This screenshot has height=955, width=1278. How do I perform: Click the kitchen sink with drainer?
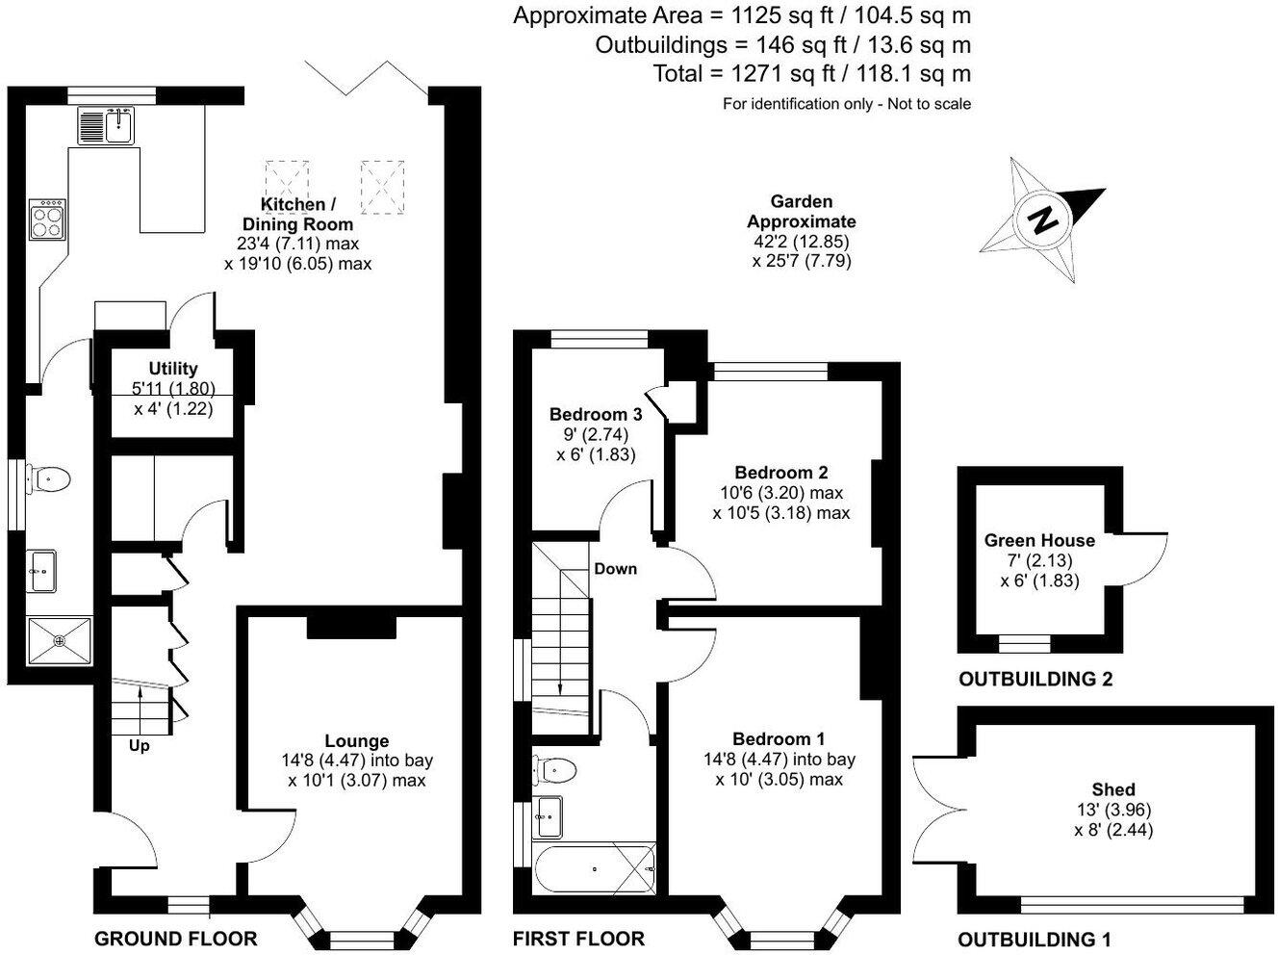[x=106, y=125]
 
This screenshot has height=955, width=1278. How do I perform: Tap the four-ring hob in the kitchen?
[x=47, y=219]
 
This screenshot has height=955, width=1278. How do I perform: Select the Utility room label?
[x=173, y=369]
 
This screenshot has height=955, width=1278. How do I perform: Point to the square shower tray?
[x=60, y=640]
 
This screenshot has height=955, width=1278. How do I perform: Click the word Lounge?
[x=356, y=740]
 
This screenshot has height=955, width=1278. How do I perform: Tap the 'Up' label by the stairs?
[x=140, y=746]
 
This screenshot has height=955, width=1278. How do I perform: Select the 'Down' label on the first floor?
[x=615, y=568]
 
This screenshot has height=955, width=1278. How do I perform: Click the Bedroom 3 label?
[x=596, y=414]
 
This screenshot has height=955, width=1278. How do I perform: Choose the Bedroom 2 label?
[x=780, y=473]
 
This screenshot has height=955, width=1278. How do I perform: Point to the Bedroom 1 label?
[x=779, y=739]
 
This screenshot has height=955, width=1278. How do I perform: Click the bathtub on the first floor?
[x=595, y=868]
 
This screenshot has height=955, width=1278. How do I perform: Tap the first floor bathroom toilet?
[x=554, y=771]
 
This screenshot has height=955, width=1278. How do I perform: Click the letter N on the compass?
[x=1042, y=221]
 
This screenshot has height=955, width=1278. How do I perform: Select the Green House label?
[x=1039, y=540]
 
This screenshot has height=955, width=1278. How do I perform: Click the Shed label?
[x=1113, y=789]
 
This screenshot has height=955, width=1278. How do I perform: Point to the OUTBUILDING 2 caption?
[x=1035, y=679]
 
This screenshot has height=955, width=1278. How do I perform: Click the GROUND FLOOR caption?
[x=176, y=940]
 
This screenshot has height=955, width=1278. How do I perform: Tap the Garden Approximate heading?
[x=801, y=212]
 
